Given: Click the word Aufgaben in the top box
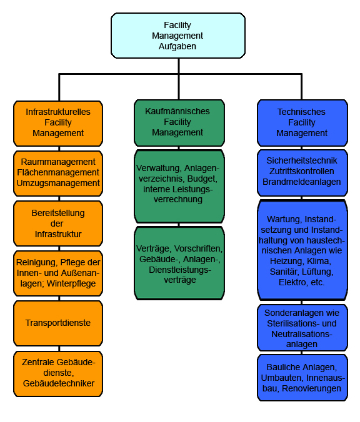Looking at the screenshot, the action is pyautogui.click(x=177, y=46).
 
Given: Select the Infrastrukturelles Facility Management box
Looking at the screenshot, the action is pyautogui.click(x=58, y=124).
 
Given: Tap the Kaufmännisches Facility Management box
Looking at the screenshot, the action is pyautogui.click(x=179, y=123).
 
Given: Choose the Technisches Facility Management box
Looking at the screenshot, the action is pyautogui.click(x=302, y=123).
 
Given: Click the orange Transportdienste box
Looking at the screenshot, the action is pyautogui.click(x=58, y=323).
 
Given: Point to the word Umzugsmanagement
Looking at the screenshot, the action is pyautogui.click(x=58, y=183).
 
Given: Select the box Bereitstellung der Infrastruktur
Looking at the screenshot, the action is pyautogui.click(x=58, y=223).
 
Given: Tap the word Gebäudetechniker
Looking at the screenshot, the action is pyautogui.click(x=59, y=383).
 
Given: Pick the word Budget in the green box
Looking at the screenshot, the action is pyautogui.click(x=202, y=179).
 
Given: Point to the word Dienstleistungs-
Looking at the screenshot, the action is pyautogui.click(x=180, y=270).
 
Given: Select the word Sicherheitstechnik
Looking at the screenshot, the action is pyautogui.click(x=302, y=160).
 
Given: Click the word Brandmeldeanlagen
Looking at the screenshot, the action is pyautogui.click(x=302, y=182).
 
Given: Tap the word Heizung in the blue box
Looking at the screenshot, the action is pyautogui.click(x=286, y=262).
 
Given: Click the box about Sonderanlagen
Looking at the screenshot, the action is pyautogui.click(x=302, y=328).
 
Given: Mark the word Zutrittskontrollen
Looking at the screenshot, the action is pyautogui.click(x=302, y=171).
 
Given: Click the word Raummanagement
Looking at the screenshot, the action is pyautogui.click(x=58, y=162).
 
